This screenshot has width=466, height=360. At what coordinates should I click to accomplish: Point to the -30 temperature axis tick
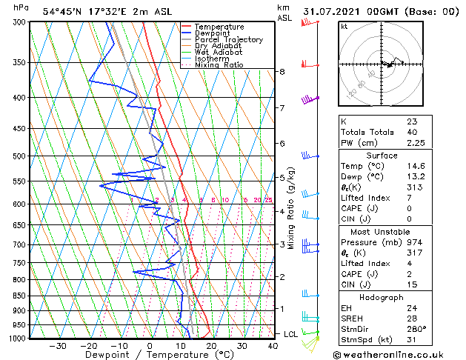(58, 345)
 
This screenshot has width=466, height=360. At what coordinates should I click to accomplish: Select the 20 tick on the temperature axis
(211, 345)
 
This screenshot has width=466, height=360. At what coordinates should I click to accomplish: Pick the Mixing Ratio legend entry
(219, 64)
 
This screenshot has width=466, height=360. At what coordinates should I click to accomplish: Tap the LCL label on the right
(290, 334)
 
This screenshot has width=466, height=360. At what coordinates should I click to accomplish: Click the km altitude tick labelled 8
(282, 72)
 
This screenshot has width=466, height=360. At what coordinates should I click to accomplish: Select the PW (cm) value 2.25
(416, 144)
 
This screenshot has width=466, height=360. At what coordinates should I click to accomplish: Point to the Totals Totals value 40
(411, 133)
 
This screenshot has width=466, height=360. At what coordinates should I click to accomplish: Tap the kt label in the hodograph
(344, 27)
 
